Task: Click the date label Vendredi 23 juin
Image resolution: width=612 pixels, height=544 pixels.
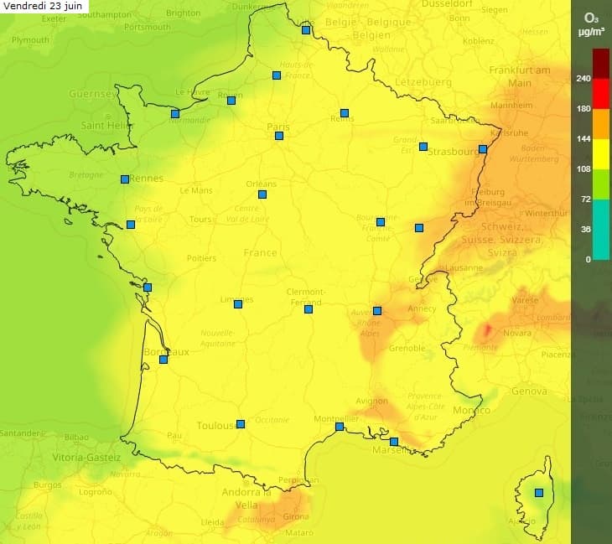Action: pyautogui.click(x=44, y=6)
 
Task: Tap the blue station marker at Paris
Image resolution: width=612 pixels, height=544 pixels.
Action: pyautogui.click(x=279, y=136)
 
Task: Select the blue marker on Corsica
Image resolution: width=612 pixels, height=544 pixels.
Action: pyautogui.click(x=539, y=493)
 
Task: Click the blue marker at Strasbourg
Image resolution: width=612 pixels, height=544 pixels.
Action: pyautogui.click(x=483, y=149)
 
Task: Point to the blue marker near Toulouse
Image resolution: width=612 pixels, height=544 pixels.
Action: pyautogui.click(x=241, y=424)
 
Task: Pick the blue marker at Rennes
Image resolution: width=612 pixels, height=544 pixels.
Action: pyautogui.click(x=125, y=179)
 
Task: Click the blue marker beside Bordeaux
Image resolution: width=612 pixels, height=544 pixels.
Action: pyautogui.click(x=163, y=360)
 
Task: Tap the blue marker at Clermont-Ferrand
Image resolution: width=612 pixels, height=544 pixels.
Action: pyautogui.click(x=309, y=309)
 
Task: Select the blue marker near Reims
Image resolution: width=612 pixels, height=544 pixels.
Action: pyautogui.click(x=345, y=113)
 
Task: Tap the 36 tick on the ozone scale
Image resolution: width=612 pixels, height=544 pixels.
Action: pyautogui.click(x=584, y=229)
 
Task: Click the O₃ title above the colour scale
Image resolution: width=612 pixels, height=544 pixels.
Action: pyautogui.click(x=591, y=16)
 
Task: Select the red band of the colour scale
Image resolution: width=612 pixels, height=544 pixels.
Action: pyautogui.click(x=601, y=94)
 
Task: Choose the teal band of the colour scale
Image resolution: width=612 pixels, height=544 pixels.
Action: pyautogui.click(x=601, y=243)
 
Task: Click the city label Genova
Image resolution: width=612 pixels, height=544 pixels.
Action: pyautogui.click(x=528, y=391)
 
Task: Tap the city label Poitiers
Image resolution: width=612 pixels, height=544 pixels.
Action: pyautogui.click(x=201, y=258)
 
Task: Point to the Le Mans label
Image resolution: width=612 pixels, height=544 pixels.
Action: pyautogui.click(x=196, y=190)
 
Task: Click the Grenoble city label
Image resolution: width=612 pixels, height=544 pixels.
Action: pyautogui.click(x=407, y=348)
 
